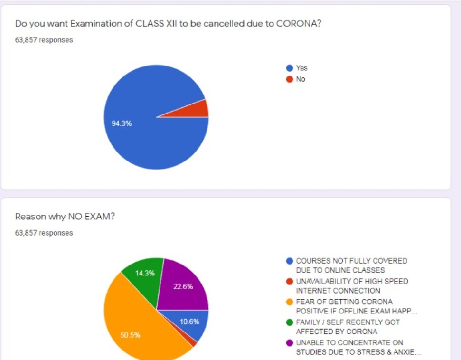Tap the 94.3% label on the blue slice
(122, 123)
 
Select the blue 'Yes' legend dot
(289, 68)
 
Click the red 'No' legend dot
(289, 79)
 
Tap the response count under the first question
(44, 40)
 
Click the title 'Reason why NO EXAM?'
(65, 217)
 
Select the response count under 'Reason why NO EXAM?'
(44, 233)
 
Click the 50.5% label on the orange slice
(131, 335)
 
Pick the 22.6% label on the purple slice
(183, 286)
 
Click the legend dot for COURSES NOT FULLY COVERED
(289, 261)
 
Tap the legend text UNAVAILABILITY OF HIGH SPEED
(351, 281)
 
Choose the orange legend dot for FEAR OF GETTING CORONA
(289, 302)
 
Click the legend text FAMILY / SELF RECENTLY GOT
(348, 322)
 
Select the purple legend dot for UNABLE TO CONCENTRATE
(289, 342)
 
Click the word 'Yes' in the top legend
(301, 68)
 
